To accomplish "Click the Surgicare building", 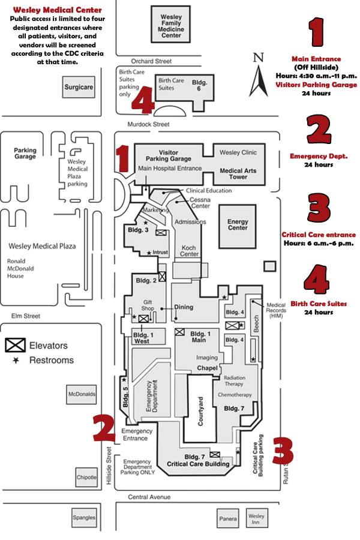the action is [79, 87].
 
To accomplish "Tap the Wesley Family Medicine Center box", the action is [170, 25].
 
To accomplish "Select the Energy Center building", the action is [238, 226].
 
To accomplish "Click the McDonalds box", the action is [82, 394].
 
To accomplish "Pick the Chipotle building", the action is [86, 477].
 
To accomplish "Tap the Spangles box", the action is [84, 517].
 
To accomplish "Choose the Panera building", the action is [228, 518].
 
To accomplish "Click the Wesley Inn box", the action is [256, 518].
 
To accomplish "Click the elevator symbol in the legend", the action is [15, 345].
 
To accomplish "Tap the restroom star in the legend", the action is [16, 360].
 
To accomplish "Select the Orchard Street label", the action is [151, 61].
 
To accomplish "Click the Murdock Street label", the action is [148, 124].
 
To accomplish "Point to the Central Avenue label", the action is [149, 497].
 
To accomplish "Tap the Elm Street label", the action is [26, 316].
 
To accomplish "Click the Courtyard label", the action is [201, 411].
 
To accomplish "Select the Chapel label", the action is [208, 368].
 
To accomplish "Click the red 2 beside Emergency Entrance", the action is [104, 428].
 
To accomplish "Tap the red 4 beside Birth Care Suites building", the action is [143, 100].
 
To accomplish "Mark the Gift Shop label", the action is [148, 305].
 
